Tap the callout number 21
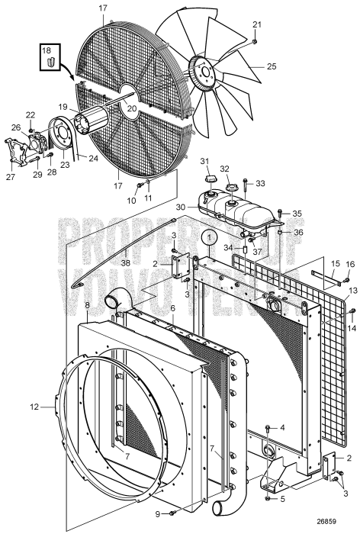[x=256, y=24]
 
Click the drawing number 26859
[x=336, y=526]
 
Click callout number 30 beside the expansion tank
[x=180, y=207]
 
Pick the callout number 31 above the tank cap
[x=204, y=161]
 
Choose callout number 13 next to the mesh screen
[x=352, y=291]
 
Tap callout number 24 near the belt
[x=93, y=159]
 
